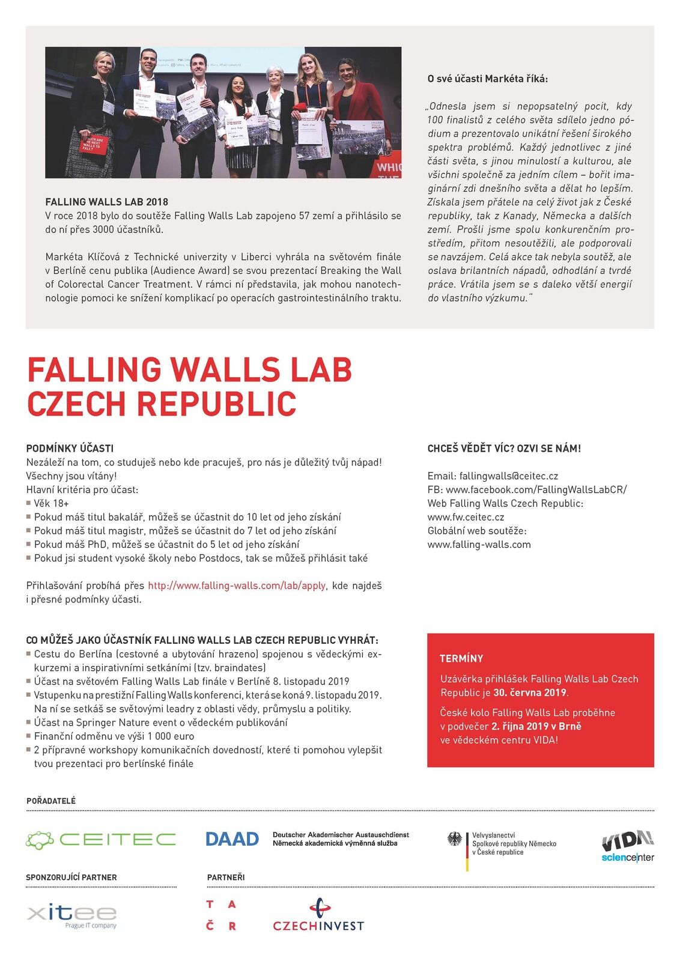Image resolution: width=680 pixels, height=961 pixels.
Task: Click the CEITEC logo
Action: click(x=101, y=839)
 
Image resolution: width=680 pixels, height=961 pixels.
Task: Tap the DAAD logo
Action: click(x=232, y=839)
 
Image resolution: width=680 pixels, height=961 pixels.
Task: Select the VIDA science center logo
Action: click(x=628, y=846)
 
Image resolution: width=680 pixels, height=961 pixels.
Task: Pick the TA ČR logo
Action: click(x=221, y=915)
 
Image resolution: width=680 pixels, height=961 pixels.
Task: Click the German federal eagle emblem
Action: click(x=455, y=839)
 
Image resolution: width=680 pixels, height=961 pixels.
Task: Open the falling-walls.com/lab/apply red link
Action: click(x=237, y=586)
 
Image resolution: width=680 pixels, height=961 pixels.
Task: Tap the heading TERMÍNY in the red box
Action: click(x=461, y=658)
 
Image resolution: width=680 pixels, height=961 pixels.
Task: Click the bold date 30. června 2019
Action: click(x=530, y=693)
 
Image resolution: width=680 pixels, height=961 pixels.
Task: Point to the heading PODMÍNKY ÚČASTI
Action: click(x=70, y=449)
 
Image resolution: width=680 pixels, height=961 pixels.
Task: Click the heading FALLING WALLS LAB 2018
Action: click(x=107, y=202)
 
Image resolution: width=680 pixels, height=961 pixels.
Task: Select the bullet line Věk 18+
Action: click(x=51, y=503)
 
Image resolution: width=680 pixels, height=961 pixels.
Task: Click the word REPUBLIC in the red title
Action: click(x=217, y=404)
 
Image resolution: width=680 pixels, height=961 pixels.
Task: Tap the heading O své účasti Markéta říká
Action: click(x=488, y=79)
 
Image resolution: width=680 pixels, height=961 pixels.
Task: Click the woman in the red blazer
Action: click(x=359, y=111)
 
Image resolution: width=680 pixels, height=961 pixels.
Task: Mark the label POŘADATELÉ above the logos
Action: click(x=51, y=801)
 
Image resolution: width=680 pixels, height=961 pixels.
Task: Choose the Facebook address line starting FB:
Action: click(x=527, y=490)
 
